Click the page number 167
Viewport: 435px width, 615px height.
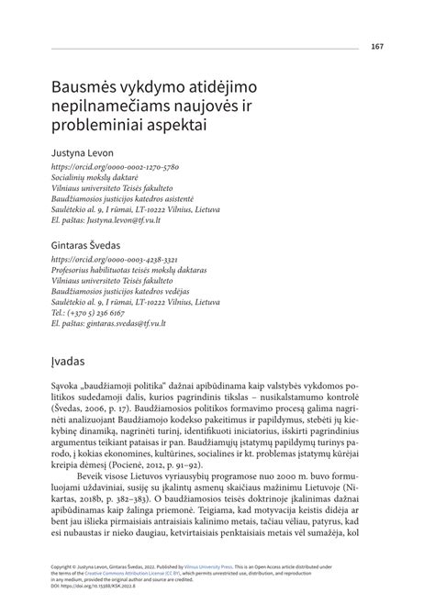376,47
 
